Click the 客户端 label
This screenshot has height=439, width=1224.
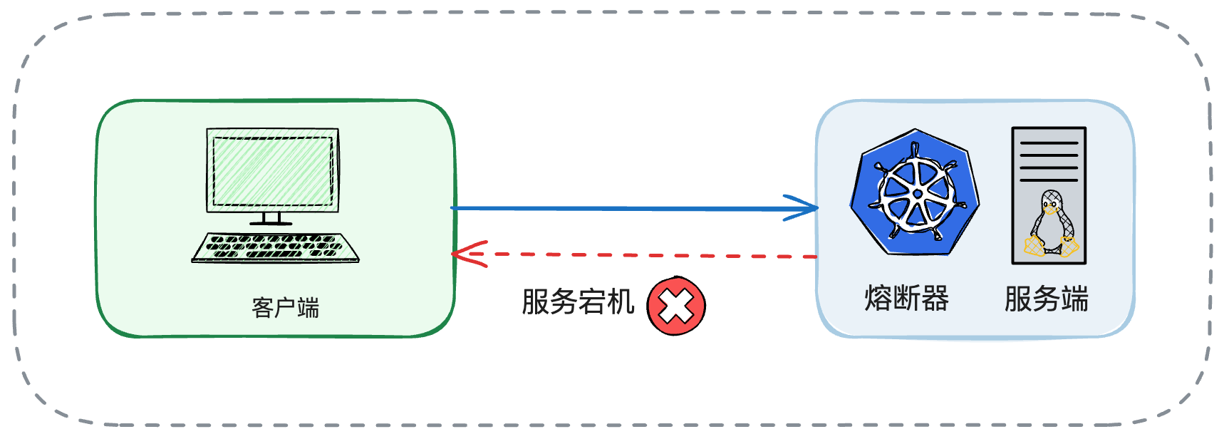click(x=285, y=308)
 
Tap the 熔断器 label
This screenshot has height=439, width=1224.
click(x=906, y=299)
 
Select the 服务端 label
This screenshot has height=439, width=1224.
click(x=1046, y=299)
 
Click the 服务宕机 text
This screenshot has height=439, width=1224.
click(x=578, y=301)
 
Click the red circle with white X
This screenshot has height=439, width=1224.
click(x=675, y=306)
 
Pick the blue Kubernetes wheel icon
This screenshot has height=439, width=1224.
click(x=915, y=192)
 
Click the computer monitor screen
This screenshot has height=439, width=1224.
click(x=272, y=171)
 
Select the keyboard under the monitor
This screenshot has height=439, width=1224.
click(x=276, y=247)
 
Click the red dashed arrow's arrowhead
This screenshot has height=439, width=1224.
click(x=463, y=253)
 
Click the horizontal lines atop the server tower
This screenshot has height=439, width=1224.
click(x=1049, y=161)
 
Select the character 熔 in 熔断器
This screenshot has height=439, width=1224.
click(x=878, y=299)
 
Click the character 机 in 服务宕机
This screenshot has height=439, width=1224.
click(x=621, y=301)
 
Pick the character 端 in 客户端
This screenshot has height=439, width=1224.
click(x=308, y=308)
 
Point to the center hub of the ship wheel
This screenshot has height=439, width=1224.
click(x=917, y=194)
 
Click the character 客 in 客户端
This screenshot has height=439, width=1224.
click(x=262, y=308)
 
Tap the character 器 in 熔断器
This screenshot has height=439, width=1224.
click(x=935, y=299)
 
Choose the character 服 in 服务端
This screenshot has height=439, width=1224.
click(x=1018, y=299)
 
